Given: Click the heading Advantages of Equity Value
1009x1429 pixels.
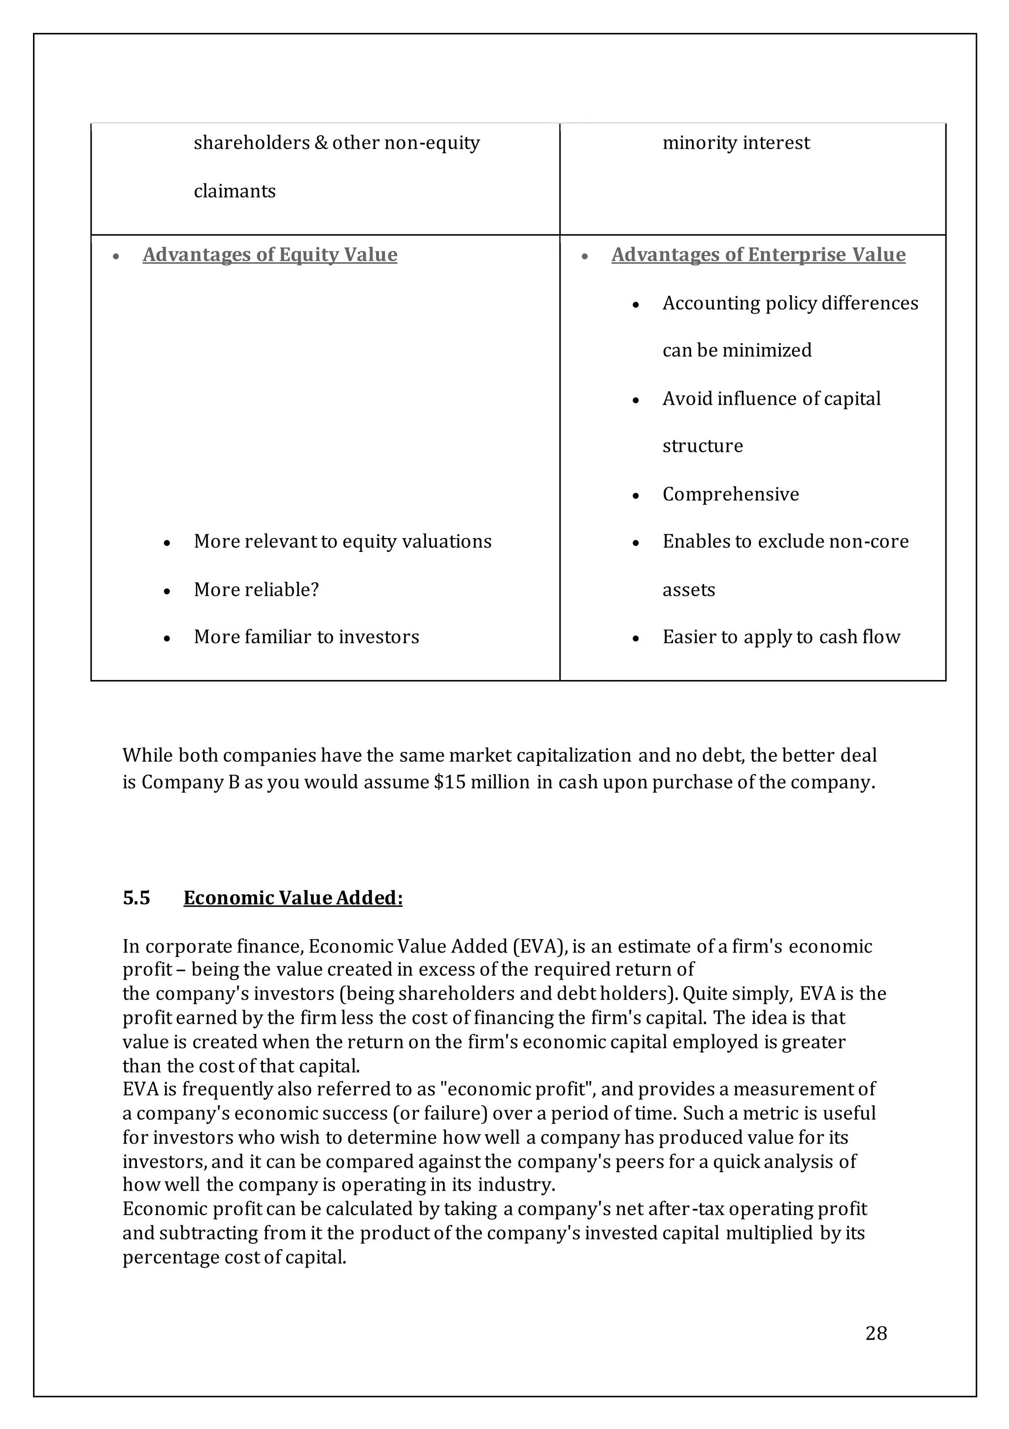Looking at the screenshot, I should tap(269, 255).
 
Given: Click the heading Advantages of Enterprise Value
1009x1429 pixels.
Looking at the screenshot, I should tap(758, 255).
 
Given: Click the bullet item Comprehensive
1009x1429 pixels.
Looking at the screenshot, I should tap(730, 494).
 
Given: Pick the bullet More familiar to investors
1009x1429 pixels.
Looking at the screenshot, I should tap(306, 637).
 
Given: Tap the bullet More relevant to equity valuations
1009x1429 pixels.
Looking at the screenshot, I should tap(342, 541).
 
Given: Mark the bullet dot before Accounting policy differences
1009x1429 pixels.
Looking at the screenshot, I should tap(636, 305).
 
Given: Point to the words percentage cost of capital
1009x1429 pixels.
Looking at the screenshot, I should tap(234, 1257).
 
